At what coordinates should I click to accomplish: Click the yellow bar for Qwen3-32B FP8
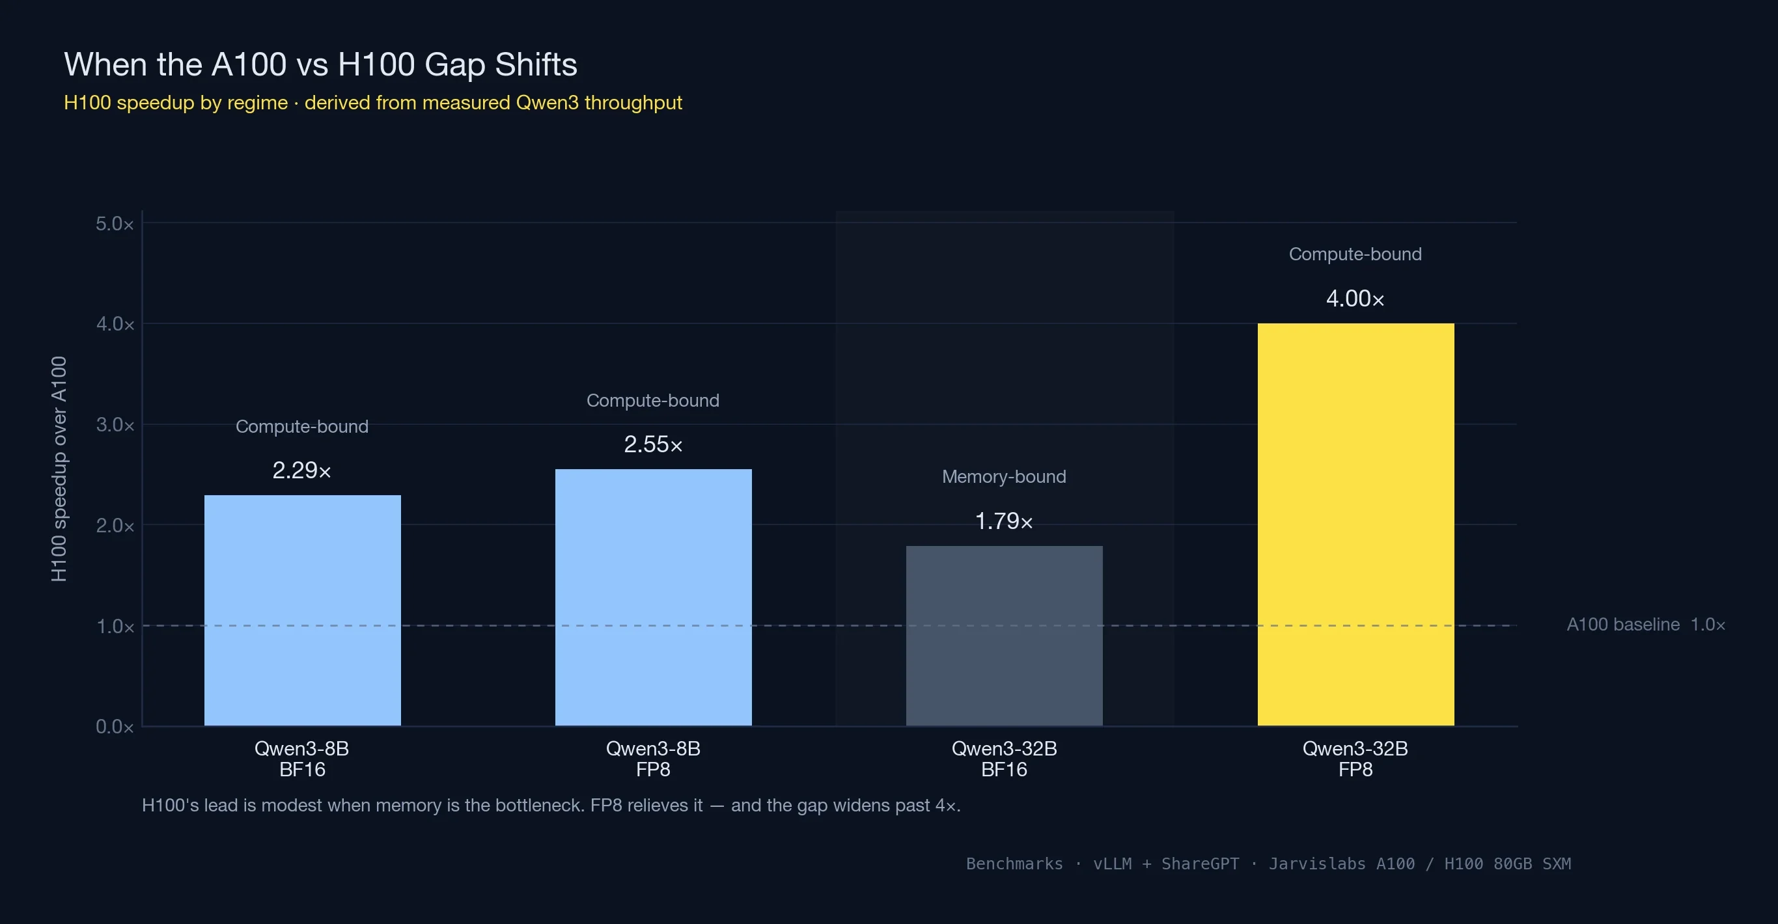click(1355, 524)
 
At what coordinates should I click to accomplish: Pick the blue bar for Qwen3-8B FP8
click(653, 597)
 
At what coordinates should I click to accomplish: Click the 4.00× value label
click(1355, 299)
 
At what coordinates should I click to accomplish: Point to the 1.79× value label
click(1003, 521)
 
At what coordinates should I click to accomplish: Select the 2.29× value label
click(301, 470)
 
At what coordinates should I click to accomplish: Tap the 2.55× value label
click(653, 444)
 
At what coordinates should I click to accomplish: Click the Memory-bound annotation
click(1003, 477)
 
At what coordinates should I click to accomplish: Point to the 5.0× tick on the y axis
click(115, 224)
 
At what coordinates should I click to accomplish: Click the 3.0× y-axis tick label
click(115, 424)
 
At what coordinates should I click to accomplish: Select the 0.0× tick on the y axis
click(115, 726)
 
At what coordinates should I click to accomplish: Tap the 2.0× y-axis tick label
click(115, 525)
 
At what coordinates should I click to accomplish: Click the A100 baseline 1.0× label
click(1645, 625)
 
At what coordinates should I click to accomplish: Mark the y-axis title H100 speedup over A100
click(59, 469)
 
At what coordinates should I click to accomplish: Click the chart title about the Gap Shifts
click(320, 64)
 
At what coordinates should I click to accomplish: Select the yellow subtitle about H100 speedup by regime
click(372, 103)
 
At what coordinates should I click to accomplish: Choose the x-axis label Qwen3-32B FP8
click(1355, 758)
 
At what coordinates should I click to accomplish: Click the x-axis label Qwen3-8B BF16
click(301, 758)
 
